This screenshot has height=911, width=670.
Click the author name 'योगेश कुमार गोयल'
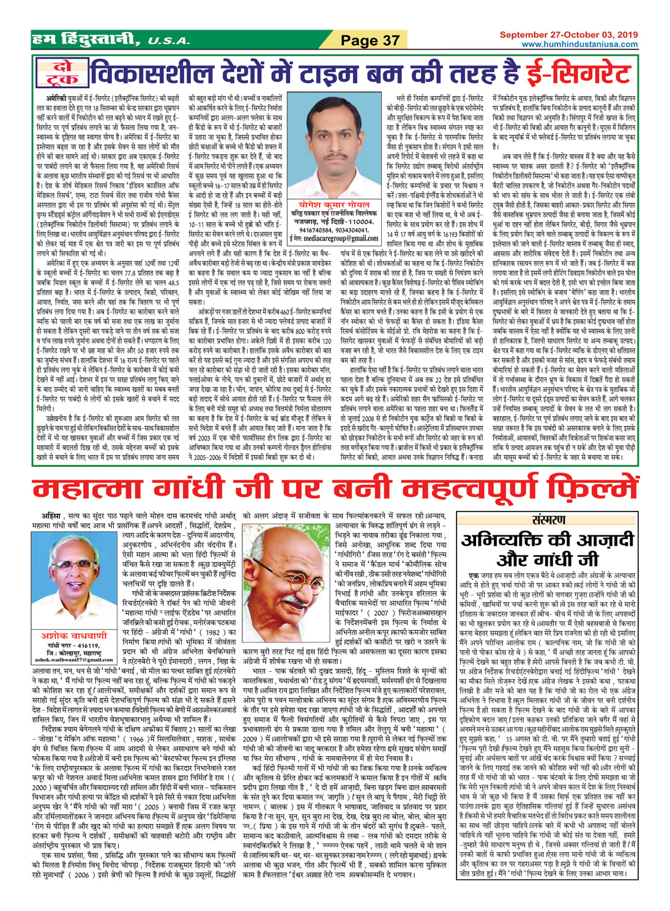pyautogui.click(x=334, y=190)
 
